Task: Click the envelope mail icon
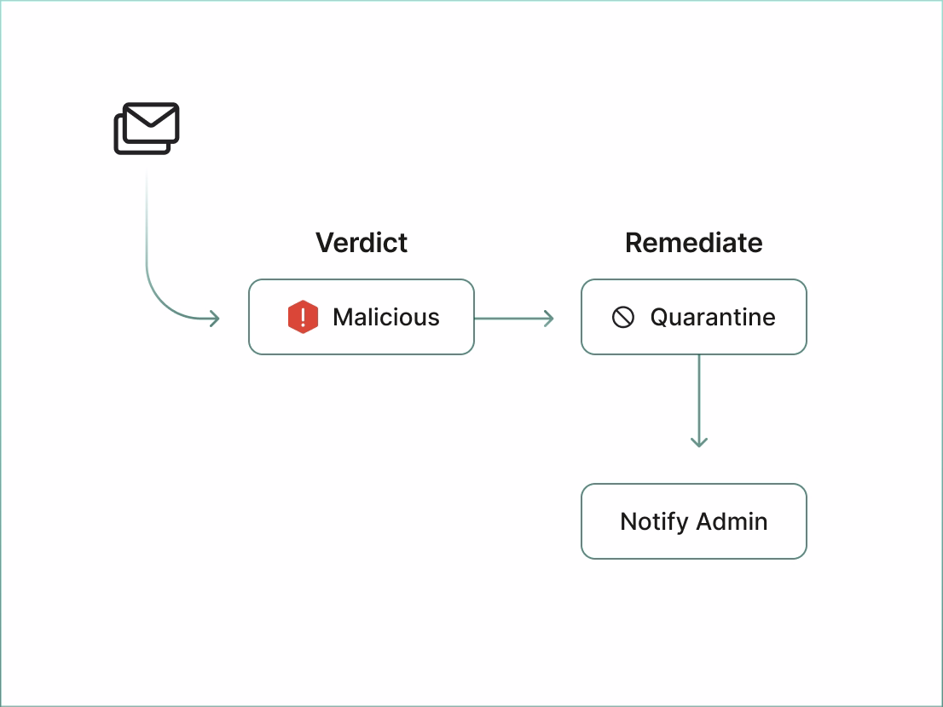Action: (x=147, y=128)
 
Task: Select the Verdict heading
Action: (x=362, y=243)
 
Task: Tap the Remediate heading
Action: (x=693, y=243)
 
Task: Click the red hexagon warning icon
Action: (x=303, y=318)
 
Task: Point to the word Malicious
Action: (x=386, y=318)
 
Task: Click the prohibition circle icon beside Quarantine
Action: (x=623, y=318)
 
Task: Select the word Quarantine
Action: (x=713, y=318)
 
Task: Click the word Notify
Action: (x=654, y=521)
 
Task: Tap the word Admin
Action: (x=732, y=521)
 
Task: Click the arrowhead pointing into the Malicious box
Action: (x=215, y=319)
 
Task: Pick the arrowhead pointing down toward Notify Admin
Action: (x=699, y=441)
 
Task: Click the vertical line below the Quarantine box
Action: (x=699, y=396)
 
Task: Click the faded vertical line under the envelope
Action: (x=147, y=213)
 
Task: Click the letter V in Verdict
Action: (x=324, y=243)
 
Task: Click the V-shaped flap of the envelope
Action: (x=152, y=118)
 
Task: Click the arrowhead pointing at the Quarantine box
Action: (x=548, y=319)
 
